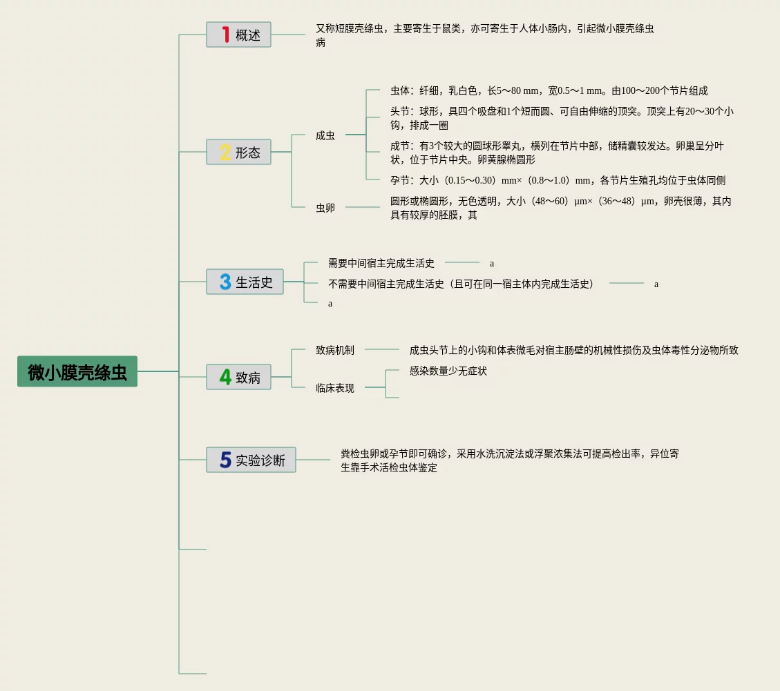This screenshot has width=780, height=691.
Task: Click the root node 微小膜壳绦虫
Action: (x=77, y=371)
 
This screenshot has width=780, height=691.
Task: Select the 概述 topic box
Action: (x=238, y=35)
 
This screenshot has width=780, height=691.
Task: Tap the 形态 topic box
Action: (x=238, y=152)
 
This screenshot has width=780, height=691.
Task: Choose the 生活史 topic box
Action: (x=245, y=282)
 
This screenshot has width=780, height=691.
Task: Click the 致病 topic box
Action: (x=238, y=377)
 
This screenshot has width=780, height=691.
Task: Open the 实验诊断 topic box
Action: (x=251, y=460)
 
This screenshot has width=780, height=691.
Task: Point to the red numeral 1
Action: (x=225, y=35)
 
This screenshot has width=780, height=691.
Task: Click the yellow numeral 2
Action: (x=225, y=152)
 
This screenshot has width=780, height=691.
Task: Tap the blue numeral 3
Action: (x=225, y=282)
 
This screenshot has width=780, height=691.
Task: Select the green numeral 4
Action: (x=225, y=377)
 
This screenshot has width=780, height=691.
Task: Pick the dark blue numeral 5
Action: (x=225, y=460)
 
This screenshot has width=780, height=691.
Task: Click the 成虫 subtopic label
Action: (x=325, y=136)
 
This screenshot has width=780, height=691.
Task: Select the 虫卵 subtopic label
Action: (x=325, y=207)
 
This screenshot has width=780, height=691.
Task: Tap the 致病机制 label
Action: (x=335, y=350)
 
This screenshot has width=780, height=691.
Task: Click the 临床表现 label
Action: (x=335, y=388)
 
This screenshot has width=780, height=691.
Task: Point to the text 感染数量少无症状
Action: (x=448, y=371)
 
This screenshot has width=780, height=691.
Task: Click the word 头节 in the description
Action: (x=400, y=111)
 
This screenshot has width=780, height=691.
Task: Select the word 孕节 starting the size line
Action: (x=400, y=180)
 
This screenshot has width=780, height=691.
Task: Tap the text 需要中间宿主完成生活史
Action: (x=381, y=263)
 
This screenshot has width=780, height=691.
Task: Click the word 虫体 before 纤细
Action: (x=400, y=90)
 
